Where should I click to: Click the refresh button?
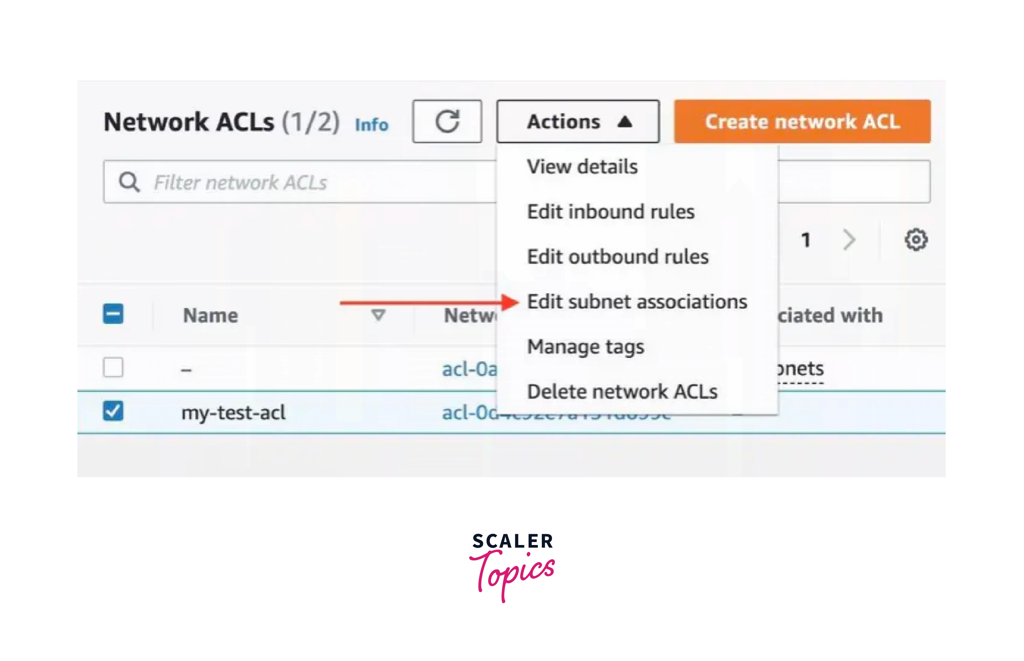click(447, 121)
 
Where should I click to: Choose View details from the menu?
click(582, 167)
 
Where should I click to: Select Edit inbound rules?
click(610, 211)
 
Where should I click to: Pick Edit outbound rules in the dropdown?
click(617, 257)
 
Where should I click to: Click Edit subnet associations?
click(637, 302)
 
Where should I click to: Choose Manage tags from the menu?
click(585, 347)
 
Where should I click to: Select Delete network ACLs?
click(622, 391)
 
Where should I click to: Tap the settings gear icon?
click(916, 240)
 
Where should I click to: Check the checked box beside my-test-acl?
click(113, 411)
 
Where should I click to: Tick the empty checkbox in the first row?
click(113, 368)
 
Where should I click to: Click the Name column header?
click(210, 315)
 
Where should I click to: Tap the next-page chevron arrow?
click(849, 240)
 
